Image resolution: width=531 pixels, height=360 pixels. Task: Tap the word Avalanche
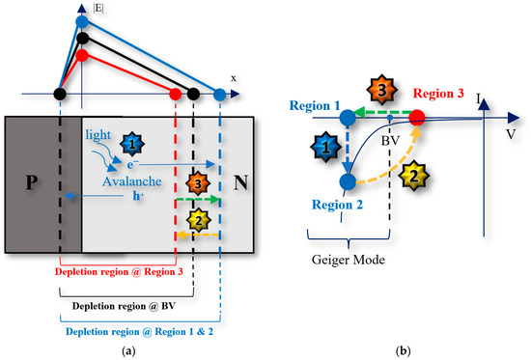coord(122,178)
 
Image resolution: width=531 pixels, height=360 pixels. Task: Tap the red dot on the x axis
coord(175,94)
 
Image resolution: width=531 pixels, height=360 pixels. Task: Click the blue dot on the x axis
coord(220,94)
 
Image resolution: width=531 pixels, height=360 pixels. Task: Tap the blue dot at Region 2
coord(347,180)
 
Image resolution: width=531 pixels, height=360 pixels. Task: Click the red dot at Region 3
coord(417,118)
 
